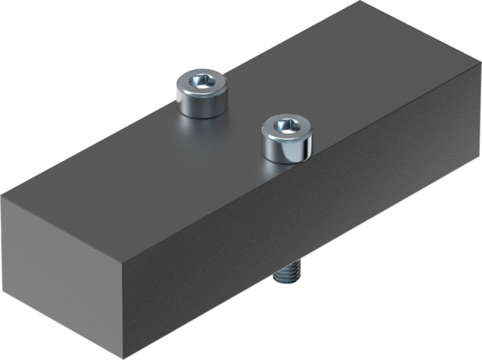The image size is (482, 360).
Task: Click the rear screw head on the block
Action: click(x=202, y=92)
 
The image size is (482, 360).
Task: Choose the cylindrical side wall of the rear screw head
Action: click(x=202, y=103)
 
